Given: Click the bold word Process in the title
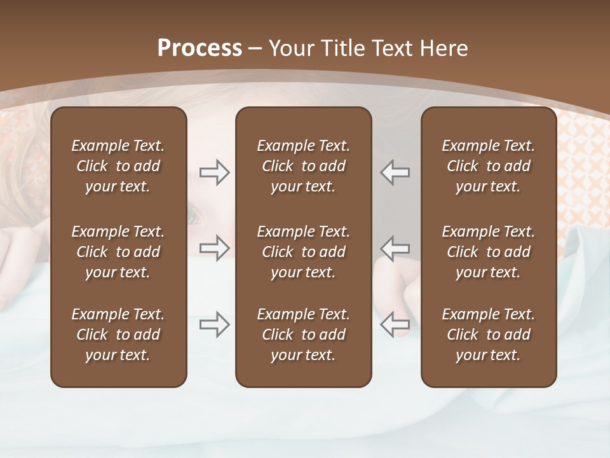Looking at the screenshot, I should click(x=200, y=48).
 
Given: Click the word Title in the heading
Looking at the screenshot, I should click(x=342, y=48).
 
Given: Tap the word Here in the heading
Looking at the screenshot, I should click(x=444, y=48).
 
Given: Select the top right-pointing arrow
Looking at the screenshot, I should click(x=214, y=172).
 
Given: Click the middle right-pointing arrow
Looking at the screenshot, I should click(x=214, y=248).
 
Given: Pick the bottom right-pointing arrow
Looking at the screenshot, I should click(x=214, y=324).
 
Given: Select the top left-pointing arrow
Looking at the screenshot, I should click(x=395, y=172).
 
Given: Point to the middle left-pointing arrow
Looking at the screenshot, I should click(x=395, y=248).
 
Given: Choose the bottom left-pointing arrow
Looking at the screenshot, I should click(x=395, y=324).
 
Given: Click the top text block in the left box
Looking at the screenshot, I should click(x=118, y=166).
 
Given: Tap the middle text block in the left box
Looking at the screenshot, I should click(x=118, y=252).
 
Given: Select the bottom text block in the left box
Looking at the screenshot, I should click(x=118, y=335).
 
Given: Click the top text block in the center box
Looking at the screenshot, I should click(x=303, y=166).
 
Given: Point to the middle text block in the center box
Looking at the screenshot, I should click(x=303, y=252).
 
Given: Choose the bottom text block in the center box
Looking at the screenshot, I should click(x=303, y=335).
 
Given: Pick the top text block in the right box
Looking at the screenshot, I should click(x=489, y=166).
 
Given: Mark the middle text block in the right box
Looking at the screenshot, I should click(x=489, y=252).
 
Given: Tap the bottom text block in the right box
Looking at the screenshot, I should click(x=489, y=335).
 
